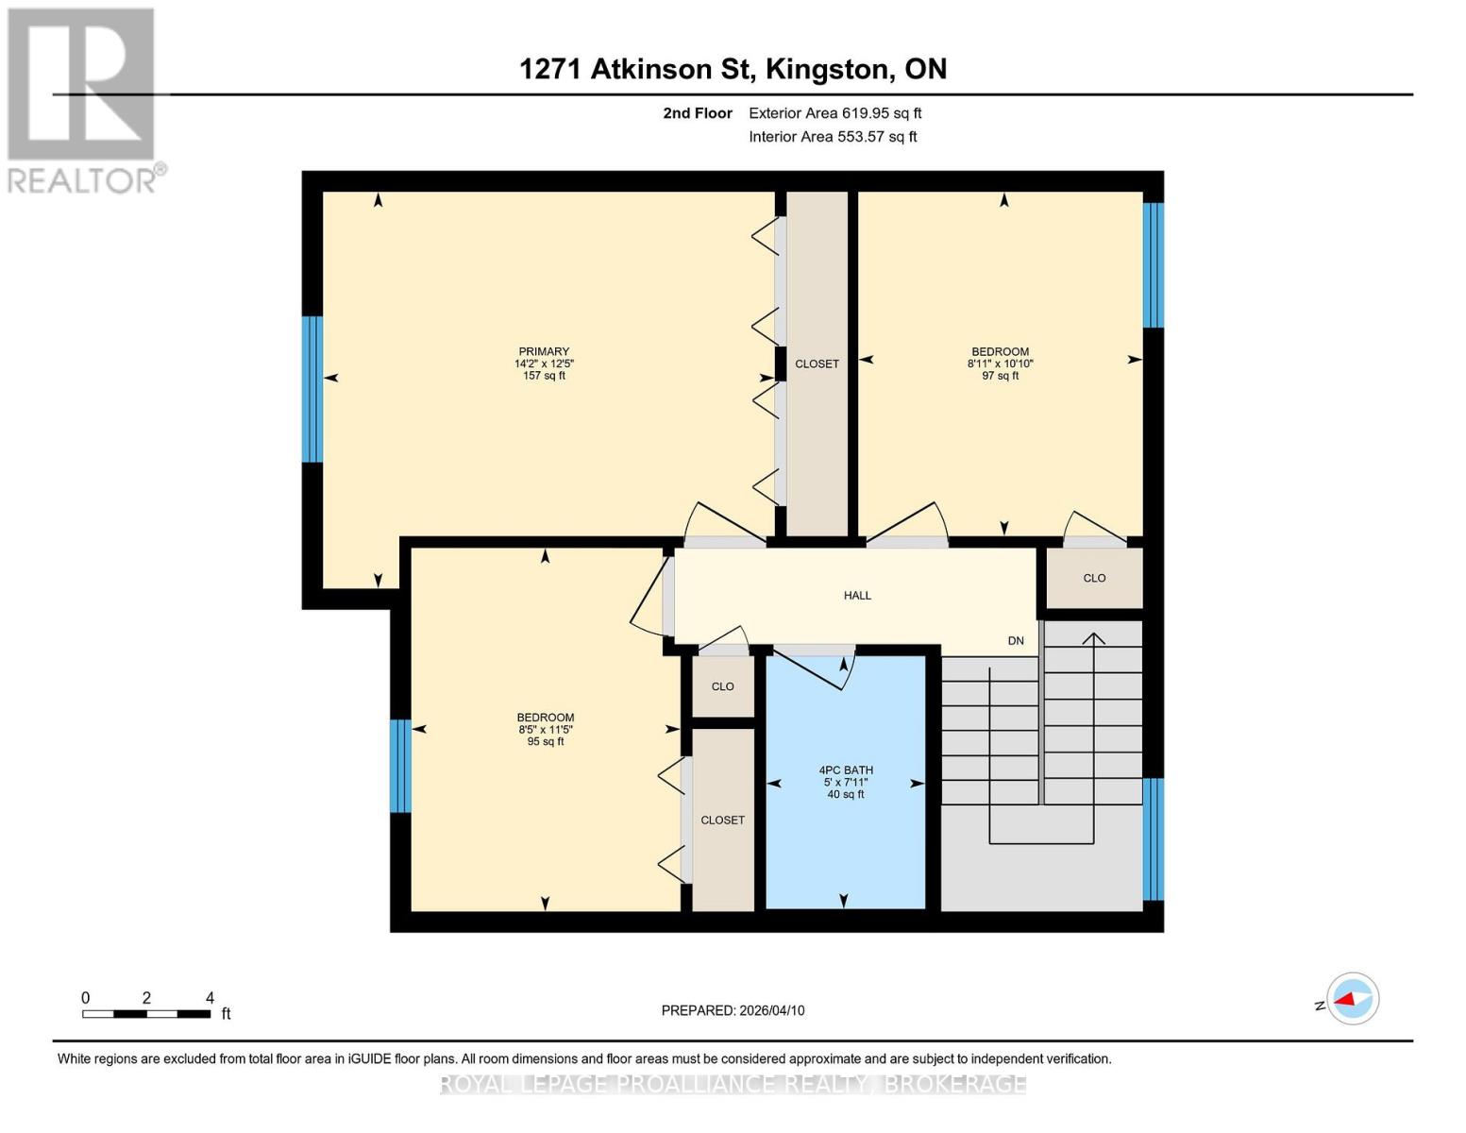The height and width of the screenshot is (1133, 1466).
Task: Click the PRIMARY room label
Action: click(x=544, y=351)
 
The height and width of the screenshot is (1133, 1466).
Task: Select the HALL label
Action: click(x=857, y=596)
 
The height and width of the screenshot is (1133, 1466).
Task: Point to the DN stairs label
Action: click(x=1016, y=641)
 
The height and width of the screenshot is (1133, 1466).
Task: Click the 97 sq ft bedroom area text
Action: click(x=1000, y=376)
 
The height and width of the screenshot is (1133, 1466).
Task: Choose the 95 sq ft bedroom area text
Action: click(x=545, y=742)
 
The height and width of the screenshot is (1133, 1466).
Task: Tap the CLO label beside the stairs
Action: click(x=1094, y=578)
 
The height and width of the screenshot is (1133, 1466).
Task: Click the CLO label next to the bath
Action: click(x=722, y=686)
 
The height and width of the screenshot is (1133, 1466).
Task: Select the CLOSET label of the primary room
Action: click(x=817, y=364)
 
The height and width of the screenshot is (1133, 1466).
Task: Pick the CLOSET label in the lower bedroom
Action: click(x=722, y=820)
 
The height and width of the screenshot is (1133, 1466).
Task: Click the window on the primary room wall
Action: click(x=312, y=389)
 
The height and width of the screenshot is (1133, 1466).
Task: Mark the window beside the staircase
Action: click(x=1153, y=839)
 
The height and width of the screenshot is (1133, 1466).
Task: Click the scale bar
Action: click(x=146, y=1014)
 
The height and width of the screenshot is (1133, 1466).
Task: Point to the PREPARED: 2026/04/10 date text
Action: click(x=733, y=1010)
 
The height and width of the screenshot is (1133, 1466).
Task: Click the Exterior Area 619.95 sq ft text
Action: click(x=834, y=113)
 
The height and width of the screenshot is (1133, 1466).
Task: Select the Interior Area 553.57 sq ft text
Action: click(x=833, y=137)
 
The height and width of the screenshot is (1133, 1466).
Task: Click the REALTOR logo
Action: click(x=83, y=99)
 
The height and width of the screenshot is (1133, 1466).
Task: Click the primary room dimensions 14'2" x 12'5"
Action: click(x=544, y=364)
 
